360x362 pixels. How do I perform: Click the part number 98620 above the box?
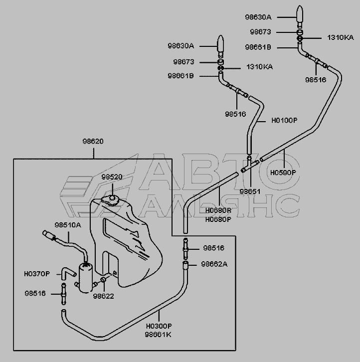93,141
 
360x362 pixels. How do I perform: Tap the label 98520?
111,177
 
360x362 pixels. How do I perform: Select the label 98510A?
67,225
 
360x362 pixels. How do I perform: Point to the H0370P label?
37,274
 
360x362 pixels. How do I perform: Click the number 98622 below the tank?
103,296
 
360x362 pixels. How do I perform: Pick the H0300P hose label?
159,326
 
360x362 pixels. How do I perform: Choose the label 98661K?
159,334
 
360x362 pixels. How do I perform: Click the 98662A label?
214,264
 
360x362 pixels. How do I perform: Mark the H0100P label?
284,120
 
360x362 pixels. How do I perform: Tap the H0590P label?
283,172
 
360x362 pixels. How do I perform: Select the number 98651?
250,191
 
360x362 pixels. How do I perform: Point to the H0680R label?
218,211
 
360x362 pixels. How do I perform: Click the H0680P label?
218,219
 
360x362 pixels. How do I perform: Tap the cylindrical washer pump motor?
85,276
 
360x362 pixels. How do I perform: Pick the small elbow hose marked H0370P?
67,272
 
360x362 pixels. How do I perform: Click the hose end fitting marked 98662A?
186,264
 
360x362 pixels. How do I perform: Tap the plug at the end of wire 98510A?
49,234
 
